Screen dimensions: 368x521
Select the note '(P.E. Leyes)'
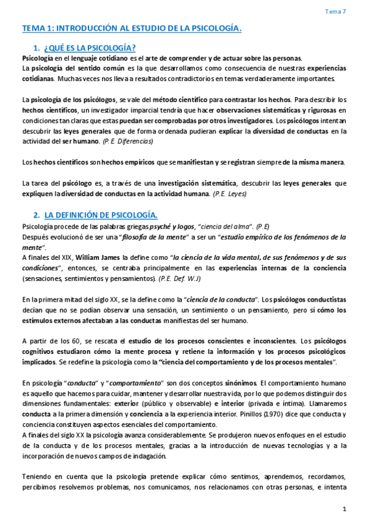(230, 194)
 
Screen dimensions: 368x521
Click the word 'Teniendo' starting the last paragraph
(37, 476)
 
